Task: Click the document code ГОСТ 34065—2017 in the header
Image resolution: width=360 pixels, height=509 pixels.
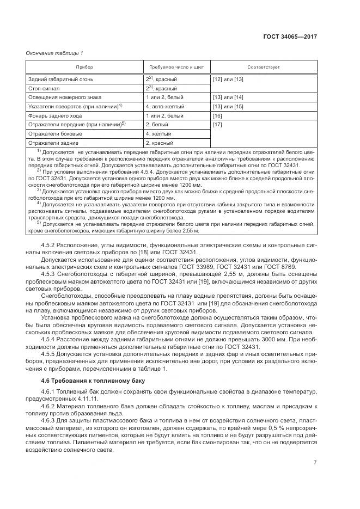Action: [290, 36]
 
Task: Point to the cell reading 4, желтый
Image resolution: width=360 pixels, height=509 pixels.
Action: [158, 134]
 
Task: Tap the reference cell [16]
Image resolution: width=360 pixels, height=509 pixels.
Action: [217, 116]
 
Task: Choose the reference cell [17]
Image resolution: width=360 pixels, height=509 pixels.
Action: [217, 125]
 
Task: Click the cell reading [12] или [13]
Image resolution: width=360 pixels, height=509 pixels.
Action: [228, 79]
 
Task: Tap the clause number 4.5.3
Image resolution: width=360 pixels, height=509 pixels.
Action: [50, 275]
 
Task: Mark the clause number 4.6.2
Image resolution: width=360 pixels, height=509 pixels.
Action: [50, 406]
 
